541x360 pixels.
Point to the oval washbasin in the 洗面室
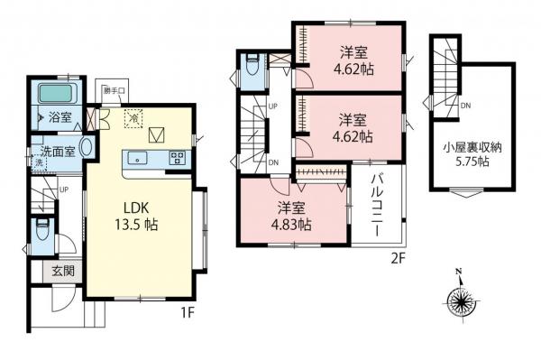pyautogui.click(x=87, y=147)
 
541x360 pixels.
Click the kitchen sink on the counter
pyautogui.click(x=140, y=159)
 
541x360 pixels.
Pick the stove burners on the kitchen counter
pyautogui.click(x=177, y=159)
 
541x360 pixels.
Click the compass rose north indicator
pyautogui.click(x=461, y=298)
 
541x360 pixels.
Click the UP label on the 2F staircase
pyautogui.click(x=273, y=107)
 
